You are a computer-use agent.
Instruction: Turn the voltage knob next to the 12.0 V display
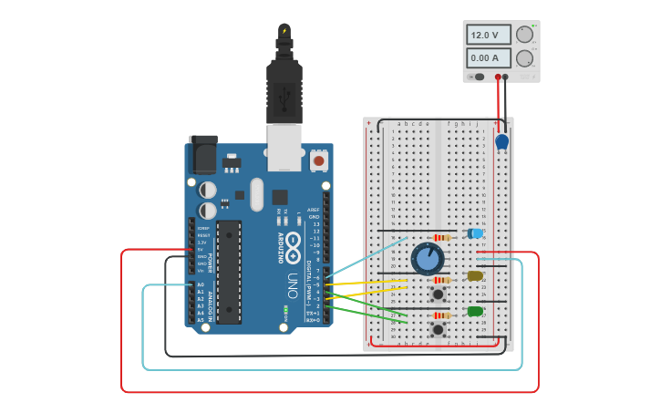[x=524, y=35]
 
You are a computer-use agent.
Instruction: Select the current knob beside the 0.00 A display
[x=524, y=58]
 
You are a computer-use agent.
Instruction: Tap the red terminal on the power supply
[x=498, y=77]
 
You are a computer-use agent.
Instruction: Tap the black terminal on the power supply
[x=507, y=77]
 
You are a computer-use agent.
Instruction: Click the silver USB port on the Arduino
[x=284, y=148]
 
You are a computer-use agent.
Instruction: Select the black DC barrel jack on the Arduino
[x=202, y=155]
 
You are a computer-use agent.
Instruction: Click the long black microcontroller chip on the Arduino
[x=229, y=271]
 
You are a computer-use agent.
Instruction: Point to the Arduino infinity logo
[x=293, y=244]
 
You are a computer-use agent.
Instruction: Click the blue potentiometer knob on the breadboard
[x=427, y=259]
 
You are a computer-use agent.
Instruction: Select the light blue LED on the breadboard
[x=475, y=234]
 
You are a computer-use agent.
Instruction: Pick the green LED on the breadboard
[x=475, y=312]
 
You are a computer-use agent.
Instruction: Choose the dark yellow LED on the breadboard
[x=475, y=275]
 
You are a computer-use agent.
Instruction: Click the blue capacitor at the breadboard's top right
[x=501, y=141]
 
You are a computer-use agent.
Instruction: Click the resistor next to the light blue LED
[x=442, y=238]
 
